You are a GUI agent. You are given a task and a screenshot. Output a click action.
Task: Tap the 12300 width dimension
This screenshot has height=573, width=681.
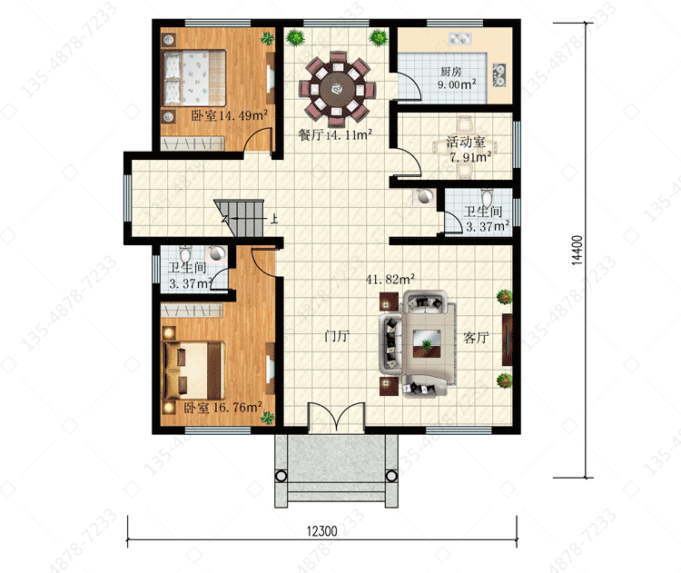(321, 531)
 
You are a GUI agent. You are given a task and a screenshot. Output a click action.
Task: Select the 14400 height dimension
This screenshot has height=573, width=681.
(577, 250)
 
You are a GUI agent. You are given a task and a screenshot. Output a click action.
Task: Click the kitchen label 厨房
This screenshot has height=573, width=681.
(450, 71)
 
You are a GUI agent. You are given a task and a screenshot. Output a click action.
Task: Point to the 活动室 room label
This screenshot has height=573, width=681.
(466, 142)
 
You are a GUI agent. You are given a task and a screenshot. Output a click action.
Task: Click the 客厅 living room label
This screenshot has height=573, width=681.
(476, 338)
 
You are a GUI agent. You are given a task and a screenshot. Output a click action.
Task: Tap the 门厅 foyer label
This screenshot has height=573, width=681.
(337, 336)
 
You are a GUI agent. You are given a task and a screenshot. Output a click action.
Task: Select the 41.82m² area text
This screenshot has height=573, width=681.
(390, 279)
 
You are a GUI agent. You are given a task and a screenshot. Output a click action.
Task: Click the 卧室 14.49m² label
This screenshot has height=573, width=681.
(230, 115)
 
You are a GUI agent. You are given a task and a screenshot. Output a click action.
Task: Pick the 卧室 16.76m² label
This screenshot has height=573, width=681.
(222, 408)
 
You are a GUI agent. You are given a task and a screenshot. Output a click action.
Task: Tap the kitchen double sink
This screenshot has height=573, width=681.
(460, 39)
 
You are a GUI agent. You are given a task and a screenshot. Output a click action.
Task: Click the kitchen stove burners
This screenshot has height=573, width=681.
(499, 74)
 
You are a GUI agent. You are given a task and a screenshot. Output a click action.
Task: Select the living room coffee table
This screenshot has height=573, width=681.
(427, 343)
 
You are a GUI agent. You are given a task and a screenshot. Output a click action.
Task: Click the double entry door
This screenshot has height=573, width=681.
(336, 417)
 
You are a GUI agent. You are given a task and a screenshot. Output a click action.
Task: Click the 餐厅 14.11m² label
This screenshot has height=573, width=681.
(335, 134)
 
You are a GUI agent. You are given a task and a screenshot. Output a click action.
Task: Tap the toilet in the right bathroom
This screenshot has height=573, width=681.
(487, 198)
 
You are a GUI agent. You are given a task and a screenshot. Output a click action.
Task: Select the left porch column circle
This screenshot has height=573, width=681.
(281, 476)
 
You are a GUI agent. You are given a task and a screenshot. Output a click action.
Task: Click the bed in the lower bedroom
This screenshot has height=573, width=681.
(193, 370)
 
